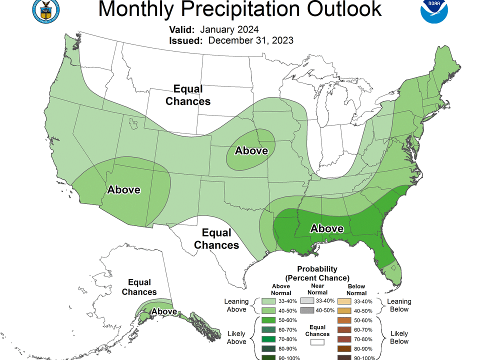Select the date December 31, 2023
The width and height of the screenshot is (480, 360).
click(x=250, y=40)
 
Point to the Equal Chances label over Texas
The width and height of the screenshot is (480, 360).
click(x=216, y=239)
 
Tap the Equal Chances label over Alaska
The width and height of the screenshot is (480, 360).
click(x=139, y=287)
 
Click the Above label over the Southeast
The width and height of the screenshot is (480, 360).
click(x=326, y=228)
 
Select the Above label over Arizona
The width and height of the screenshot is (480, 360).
click(x=123, y=189)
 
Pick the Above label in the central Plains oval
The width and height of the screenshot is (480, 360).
click(x=251, y=150)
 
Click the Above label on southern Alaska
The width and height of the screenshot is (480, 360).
click(x=164, y=311)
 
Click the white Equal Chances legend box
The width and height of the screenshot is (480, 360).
click(x=317, y=342)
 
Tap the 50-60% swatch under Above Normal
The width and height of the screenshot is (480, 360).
click(x=268, y=320)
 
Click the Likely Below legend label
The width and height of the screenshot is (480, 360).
click(x=399, y=337)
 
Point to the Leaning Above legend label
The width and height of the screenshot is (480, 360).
click(x=236, y=305)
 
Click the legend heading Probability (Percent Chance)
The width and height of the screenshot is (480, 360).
click(x=317, y=273)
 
